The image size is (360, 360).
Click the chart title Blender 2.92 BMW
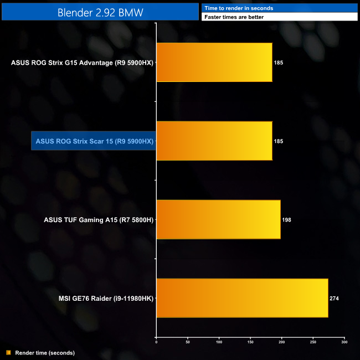coord(100,12)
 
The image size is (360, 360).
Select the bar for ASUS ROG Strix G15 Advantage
coord(214,63)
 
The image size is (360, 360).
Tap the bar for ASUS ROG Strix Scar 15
coord(214,141)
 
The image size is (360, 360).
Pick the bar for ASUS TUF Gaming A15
coord(218,220)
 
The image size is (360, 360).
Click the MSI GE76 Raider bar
coord(242,299)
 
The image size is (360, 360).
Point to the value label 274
coord(334,299)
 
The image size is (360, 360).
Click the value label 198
coord(286,220)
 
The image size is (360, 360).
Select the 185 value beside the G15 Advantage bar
coord(279,63)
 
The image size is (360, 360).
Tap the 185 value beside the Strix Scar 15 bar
coord(279,141)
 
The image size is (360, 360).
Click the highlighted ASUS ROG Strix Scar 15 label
coord(94,141)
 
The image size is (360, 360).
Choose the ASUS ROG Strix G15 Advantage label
coord(82,63)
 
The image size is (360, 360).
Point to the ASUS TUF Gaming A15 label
coord(98,220)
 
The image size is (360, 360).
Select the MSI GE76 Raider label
coord(106,299)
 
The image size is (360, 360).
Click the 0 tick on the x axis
coord(156,342)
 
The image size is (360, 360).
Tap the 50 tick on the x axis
coord(188,342)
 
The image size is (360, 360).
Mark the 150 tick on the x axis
coord(250,342)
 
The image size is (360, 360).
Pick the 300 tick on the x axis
coord(344,342)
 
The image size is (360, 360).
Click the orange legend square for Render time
coord(8,352)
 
